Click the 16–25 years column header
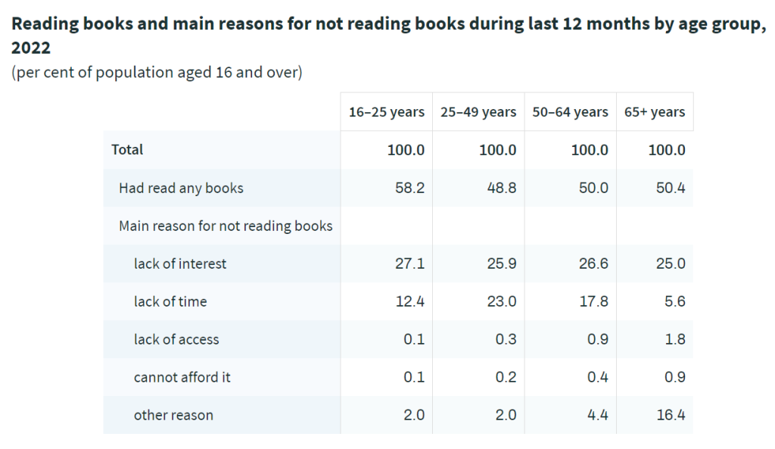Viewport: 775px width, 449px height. click(x=386, y=112)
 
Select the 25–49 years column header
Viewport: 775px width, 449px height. click(x=478, y=112)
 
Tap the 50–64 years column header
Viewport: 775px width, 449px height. click(x=570, y=112)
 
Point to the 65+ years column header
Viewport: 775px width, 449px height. click(x=655, y=112)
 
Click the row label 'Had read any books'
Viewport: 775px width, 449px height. click(x=181, y=188)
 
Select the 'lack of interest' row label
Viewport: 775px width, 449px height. click(x=180, y=263)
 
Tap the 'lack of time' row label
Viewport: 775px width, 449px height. click(x=170, y=301)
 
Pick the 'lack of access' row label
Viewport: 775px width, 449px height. click(x=176, y=339)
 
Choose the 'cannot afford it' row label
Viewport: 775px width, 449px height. click(x=182, y=377)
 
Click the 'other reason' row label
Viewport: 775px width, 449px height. click(x=173, y=415)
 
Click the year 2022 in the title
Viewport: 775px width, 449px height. click(x=31, y=48)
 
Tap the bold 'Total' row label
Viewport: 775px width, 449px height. click(x=127, y=150)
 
